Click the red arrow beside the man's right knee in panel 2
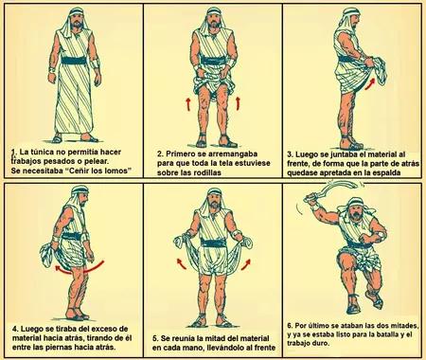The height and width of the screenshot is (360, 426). click(188, 104)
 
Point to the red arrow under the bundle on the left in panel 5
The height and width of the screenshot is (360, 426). click(181, 263)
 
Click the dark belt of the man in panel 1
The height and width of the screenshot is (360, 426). click(74, 60)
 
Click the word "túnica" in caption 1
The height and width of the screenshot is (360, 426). click(41, 152)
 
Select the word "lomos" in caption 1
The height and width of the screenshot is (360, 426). click(118, 171)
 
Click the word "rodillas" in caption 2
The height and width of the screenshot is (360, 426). click(206, 172)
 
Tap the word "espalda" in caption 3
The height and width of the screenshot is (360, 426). click(387, 173)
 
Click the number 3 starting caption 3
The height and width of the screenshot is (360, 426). click(290, 154)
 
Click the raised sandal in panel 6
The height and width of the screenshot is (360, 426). click(375, 300)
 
